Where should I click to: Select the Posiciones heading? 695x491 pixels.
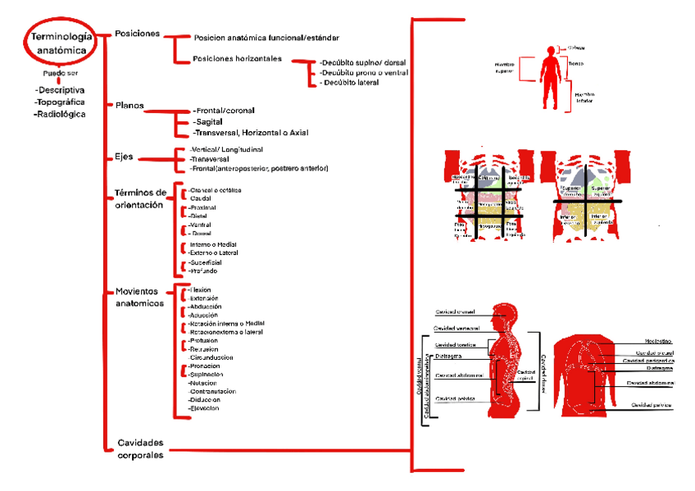[x=137, y=34]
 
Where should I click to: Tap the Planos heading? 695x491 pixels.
[x=129, y=105]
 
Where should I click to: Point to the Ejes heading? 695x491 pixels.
[x=124, y=157]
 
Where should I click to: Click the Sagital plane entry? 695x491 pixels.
[x=211, y=121]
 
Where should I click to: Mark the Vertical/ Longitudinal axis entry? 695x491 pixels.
[x=225, y=150]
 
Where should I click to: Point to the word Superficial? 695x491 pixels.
[x=206, y=262]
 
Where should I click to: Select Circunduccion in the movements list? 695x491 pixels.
[x=211, y=357]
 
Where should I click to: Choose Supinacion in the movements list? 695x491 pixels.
[x=207, y=374]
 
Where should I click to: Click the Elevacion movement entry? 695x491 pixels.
[x=205, y=407]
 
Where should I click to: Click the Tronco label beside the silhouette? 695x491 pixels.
[x=576, y=63]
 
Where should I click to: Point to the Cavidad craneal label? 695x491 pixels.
[x=456, y=311]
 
